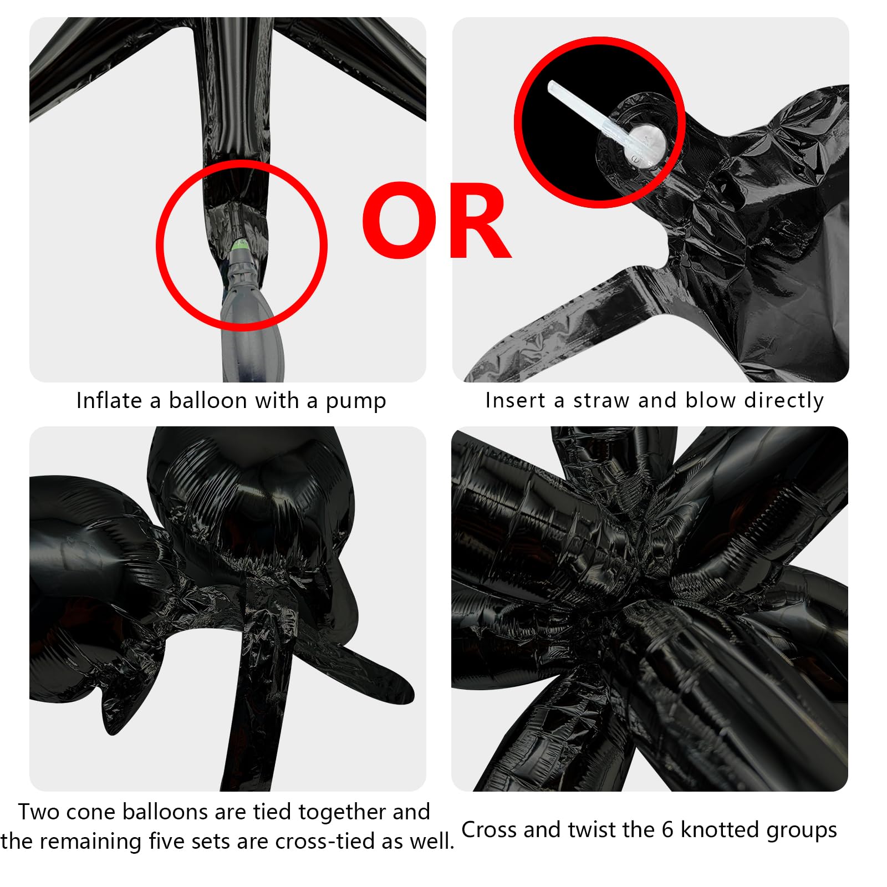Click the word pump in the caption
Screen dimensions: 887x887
pyautogui.click(x=355, y=402)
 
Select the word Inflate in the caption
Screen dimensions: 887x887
pyautogui.click(x=109, y=400)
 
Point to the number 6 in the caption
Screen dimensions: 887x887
pyautogui.click(x=667, y=830)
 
